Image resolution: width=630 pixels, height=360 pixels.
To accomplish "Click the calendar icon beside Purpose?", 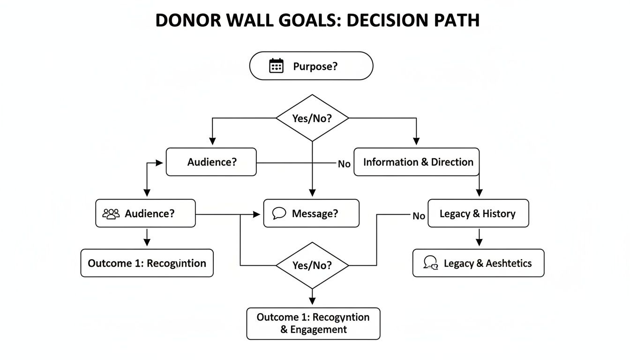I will click(277, 66).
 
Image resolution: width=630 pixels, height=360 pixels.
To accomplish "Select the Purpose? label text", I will click(315, 67).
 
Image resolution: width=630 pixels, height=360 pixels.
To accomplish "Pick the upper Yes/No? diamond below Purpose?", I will click(312, 119).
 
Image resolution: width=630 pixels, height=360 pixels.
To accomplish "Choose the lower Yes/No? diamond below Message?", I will click(312, 265).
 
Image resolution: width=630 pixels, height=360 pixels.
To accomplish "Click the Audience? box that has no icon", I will click(211, 162).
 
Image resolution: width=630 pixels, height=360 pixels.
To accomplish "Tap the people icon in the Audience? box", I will click(111, 214).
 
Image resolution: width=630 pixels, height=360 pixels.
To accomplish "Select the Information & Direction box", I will click(417, 162).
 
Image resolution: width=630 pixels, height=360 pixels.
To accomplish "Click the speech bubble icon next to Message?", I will click(279, 214).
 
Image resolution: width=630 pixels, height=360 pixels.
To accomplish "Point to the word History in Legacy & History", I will click(499, 214).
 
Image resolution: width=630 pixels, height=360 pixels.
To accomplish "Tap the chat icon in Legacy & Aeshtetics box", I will click(430, 263).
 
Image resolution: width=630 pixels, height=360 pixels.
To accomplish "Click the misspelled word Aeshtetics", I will click(509, 263).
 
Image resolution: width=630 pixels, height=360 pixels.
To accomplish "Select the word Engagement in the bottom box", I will click(318, 330).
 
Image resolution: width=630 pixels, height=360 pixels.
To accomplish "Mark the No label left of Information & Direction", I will click(344, 164).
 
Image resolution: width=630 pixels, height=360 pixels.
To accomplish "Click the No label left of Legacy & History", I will click(419, 216).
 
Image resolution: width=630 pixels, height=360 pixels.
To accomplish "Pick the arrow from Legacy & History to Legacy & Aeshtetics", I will click(479, 238).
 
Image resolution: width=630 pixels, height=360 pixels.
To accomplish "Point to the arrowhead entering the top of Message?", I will click(312, 193).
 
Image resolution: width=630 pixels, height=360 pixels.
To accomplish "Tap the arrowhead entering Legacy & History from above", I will click(479, 193).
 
